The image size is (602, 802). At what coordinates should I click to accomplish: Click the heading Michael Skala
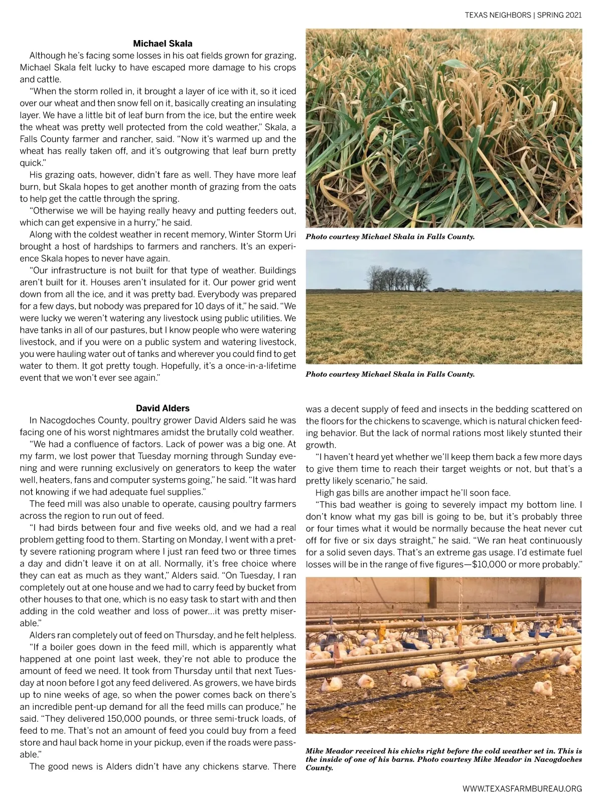tap(163, 44)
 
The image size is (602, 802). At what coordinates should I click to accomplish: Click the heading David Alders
tap(163, 408)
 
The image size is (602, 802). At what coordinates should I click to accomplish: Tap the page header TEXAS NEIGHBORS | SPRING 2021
tap(523, 15)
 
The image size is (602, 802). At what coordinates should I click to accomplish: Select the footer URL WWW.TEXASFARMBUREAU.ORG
tap(522, 788)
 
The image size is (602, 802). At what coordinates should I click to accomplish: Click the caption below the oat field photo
tap(390, 237)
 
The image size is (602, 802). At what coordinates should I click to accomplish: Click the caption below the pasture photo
tap(390, 374)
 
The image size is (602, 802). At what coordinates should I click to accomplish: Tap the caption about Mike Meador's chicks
tap(443, 759)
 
